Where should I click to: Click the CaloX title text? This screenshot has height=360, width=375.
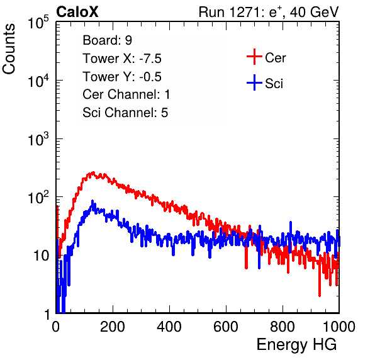tap(77, 12)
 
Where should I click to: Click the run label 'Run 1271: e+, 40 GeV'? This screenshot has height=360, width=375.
tap(269, 12)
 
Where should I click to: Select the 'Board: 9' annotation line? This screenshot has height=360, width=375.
tap(107, 40)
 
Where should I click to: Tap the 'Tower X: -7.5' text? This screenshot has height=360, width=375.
tap(122, 59)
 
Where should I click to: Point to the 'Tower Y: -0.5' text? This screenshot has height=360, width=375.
tap(122, 77)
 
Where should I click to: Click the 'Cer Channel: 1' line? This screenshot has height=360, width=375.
tap(126, 94)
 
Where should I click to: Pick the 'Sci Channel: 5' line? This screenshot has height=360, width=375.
tap(125, 113)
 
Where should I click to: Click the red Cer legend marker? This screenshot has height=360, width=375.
tap(254, 57)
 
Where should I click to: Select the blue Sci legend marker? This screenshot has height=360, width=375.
tap(254, 82)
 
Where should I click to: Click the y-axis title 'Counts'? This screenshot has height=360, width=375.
tap(9, 49)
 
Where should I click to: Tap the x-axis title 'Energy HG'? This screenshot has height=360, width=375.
tap(296, 345)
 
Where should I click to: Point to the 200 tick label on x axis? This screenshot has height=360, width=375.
tap(113, 327)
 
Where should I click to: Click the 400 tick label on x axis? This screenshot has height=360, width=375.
tap(169, 327)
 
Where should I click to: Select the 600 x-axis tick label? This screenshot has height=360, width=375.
tap(226, 327)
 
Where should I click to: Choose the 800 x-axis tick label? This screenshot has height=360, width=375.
tap(283, 327)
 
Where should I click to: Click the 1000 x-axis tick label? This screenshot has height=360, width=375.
tap(339, 327)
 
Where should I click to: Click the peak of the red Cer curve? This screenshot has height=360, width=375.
tap(93, 172)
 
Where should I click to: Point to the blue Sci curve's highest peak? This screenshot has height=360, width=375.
tap(92, 201)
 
